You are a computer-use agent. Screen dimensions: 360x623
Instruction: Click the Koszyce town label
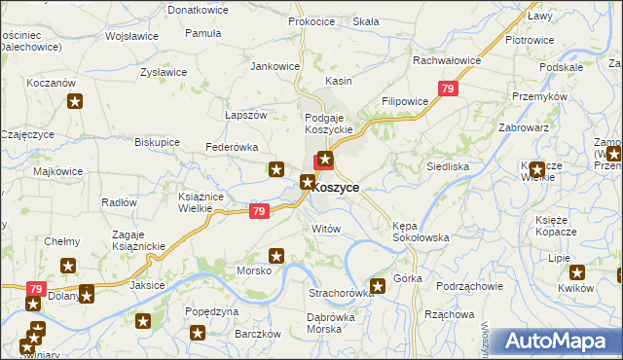[337, 187]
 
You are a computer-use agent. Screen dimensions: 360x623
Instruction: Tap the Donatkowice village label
[198, 9]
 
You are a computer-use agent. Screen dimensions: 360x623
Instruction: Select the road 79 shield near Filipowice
[447, 90]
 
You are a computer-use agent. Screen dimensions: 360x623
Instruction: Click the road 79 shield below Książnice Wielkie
[258, 211]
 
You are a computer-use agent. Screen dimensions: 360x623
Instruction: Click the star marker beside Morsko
[276, 257]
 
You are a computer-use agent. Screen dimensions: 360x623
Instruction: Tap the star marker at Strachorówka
[379, 285]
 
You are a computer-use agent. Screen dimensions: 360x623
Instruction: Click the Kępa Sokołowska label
[420, 231]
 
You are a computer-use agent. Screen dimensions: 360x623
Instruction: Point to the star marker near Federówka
[276, 169]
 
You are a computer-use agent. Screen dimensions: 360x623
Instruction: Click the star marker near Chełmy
[68, 265]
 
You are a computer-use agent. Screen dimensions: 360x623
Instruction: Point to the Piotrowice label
[530, 40]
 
